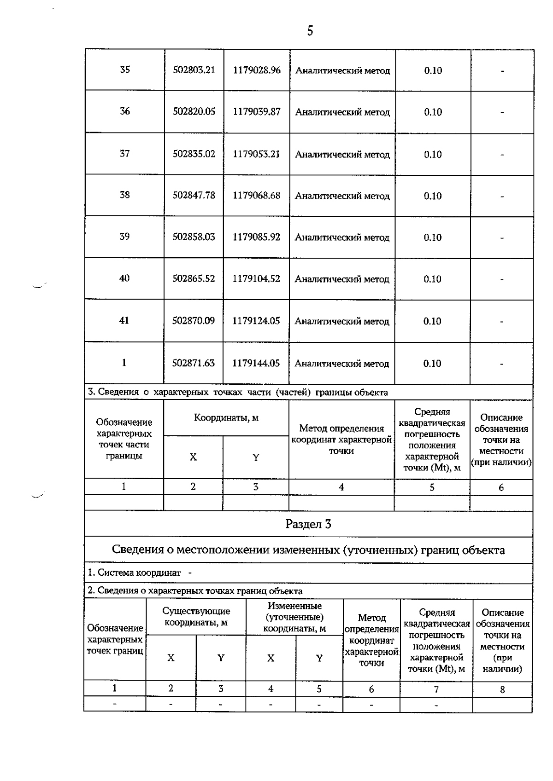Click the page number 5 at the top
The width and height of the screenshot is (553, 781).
click(310, 31)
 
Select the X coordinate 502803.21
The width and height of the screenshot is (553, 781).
click(194, 70)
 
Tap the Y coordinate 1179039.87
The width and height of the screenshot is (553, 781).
click(257, 112)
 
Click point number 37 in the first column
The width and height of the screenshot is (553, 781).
click(124, 153)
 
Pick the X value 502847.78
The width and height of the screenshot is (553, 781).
click(194, 195)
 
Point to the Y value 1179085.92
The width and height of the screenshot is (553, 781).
click(257, 237)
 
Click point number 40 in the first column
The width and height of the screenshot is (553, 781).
click(124, 278)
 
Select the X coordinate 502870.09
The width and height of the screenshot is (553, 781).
click(194, 321)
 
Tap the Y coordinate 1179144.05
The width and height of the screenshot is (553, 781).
click(256, 363)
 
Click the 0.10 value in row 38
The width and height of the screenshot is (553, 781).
click(433, 196)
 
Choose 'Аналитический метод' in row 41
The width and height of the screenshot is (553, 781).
click(342, 321)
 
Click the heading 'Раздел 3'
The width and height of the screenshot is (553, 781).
click(308, 524)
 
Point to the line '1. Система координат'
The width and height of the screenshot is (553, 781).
click(135, 573)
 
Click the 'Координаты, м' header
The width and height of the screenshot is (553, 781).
click(226, 418)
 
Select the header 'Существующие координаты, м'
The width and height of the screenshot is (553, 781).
click(196, 617)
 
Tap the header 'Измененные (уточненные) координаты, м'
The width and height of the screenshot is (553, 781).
click(294, 617)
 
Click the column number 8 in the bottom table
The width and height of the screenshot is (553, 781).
click(502, 689)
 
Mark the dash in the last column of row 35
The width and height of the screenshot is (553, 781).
click(502, 71)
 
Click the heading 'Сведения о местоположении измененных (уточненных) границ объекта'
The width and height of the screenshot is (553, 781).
click(308, 550)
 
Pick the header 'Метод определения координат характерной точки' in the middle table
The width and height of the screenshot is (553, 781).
click(341, 440)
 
